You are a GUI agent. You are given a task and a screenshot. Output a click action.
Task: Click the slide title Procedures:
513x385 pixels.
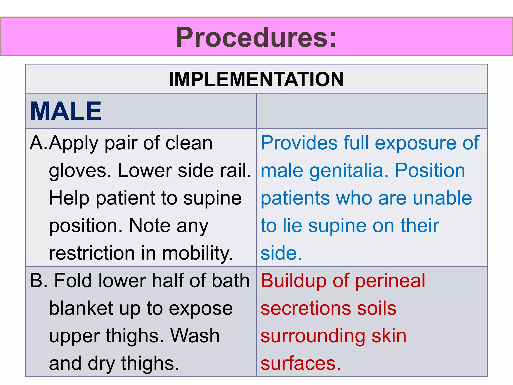(256, 38)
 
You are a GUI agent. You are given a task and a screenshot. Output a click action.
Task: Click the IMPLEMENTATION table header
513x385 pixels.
(256, 79)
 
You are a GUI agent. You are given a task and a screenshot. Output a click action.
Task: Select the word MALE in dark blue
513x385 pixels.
(66, 111)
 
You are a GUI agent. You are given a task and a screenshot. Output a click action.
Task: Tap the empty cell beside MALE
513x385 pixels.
(372, 111)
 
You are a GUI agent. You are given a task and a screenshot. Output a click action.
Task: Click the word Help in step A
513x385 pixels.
(69, 198)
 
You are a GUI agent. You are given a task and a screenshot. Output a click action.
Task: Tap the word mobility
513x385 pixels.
(198, 253)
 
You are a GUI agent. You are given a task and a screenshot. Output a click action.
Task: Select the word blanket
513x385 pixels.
(81, 308)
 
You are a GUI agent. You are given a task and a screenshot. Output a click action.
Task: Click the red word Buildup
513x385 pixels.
(293, 281)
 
